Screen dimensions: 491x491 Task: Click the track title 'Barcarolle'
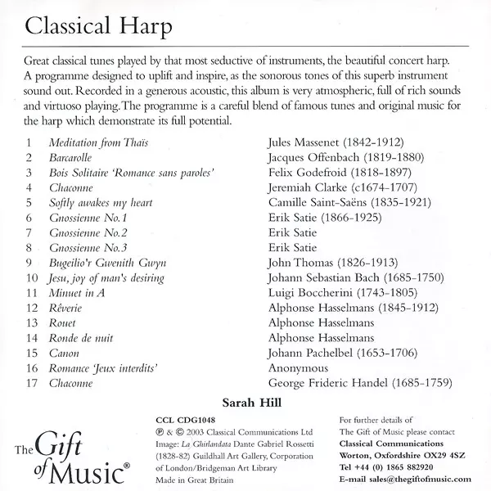click(72, 156)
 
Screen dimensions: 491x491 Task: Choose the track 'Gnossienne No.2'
click(88, 232)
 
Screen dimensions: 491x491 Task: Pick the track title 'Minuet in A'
click(78, 293)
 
